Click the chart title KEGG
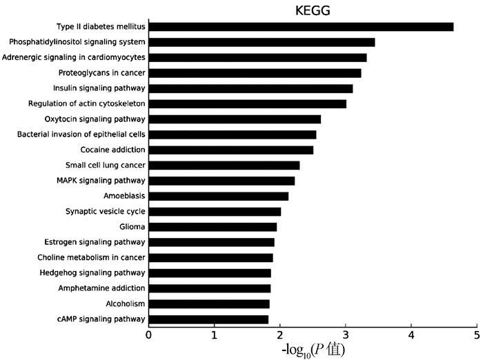[313, 10]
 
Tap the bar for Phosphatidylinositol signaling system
[262, 42]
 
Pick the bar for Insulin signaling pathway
[250, 88]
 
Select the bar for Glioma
[213, 227]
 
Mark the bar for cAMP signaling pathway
[208, 319]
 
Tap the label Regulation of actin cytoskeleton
[87, 103]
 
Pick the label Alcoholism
[124, 303]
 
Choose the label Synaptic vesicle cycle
[105, 212]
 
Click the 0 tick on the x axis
[148, 334]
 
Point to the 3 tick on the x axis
[346, 334]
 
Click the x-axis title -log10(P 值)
[313, 350]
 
